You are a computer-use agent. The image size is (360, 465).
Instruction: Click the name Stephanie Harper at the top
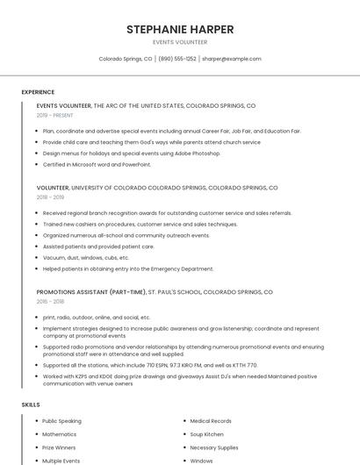pyautogui.click(x=180, y=29)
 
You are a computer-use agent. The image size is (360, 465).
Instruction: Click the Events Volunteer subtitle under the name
pyautogui.click(x=180, y=42)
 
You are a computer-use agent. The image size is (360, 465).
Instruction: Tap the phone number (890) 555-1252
pyautogui.click(x=176, y=59)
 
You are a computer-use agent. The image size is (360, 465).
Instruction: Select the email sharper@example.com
pyautogui.click(x=232, y=59)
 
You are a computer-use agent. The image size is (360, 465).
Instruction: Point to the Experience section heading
pyautogui.click(x=38, y=92)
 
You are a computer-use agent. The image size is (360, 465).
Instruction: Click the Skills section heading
pyautogui.click(x=31, y=404)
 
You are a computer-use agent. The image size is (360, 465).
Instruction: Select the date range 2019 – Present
pyautogui.click(x=55, y=115)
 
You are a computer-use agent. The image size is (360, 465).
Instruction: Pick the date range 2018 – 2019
pyautogui.click(x=51, y=197)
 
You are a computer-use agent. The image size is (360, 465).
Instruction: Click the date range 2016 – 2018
pyautogui.click(x=51, y=301)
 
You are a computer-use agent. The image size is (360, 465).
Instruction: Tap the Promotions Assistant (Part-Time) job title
pyautogui.click(x=91, y=291)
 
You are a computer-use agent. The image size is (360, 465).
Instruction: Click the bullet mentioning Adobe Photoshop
pyautogui.click(x=132, y=153)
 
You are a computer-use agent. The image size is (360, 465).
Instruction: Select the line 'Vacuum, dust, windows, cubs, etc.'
pyautogui.click(x=86, y=258)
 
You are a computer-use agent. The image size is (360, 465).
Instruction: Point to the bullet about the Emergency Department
pyautogui.click(x=128, y=268)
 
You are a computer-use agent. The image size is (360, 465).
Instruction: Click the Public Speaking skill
pyautogui.click(x=61, y=421)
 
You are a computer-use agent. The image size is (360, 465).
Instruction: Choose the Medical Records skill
pyautogui.click(x=211, y=421)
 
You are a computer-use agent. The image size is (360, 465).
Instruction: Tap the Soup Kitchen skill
pyautogui.click(x=208, y=434)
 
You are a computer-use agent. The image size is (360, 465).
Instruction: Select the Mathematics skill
pyautogui.click(x=59, y=434)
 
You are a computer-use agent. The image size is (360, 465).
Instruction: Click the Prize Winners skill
pyautogui.click(x=60, y=447)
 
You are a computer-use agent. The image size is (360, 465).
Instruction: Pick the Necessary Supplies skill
pyautogui.click(x=214, y=447)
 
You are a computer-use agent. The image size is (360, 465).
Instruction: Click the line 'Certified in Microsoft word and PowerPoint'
pyautogui.click(x=97, y=164)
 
